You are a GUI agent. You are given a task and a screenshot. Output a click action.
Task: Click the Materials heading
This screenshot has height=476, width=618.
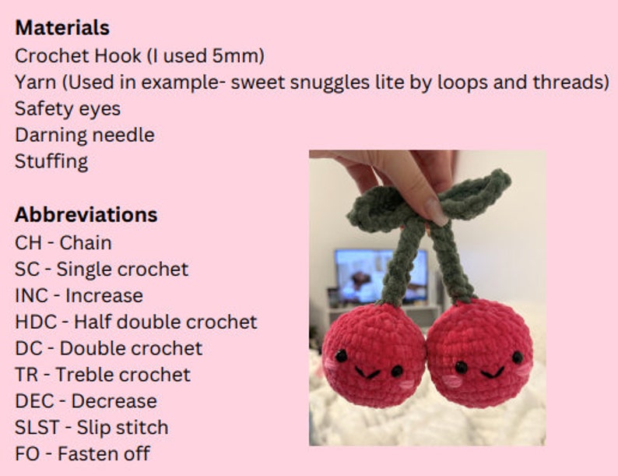(x=62, y=28)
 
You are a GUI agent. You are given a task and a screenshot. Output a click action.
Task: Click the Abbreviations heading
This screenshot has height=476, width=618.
(x=86, y=215)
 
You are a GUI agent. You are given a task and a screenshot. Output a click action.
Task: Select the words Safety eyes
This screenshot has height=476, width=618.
(x=68, y=108)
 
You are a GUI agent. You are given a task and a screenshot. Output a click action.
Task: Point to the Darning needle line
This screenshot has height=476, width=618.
(x=84, y=135)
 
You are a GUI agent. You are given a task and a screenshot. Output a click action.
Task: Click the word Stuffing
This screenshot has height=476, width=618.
(x=51, y=161)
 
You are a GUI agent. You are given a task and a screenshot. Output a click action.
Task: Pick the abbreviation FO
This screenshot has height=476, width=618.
(x=27, y=454)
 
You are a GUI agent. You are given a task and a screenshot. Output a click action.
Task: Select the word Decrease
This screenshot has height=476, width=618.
(x=114, y=401)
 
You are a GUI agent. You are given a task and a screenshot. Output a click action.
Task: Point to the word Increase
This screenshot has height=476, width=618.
(x=104, y=295)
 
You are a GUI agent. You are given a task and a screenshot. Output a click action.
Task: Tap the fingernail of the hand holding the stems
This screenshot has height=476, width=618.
(x=436, y=213)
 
